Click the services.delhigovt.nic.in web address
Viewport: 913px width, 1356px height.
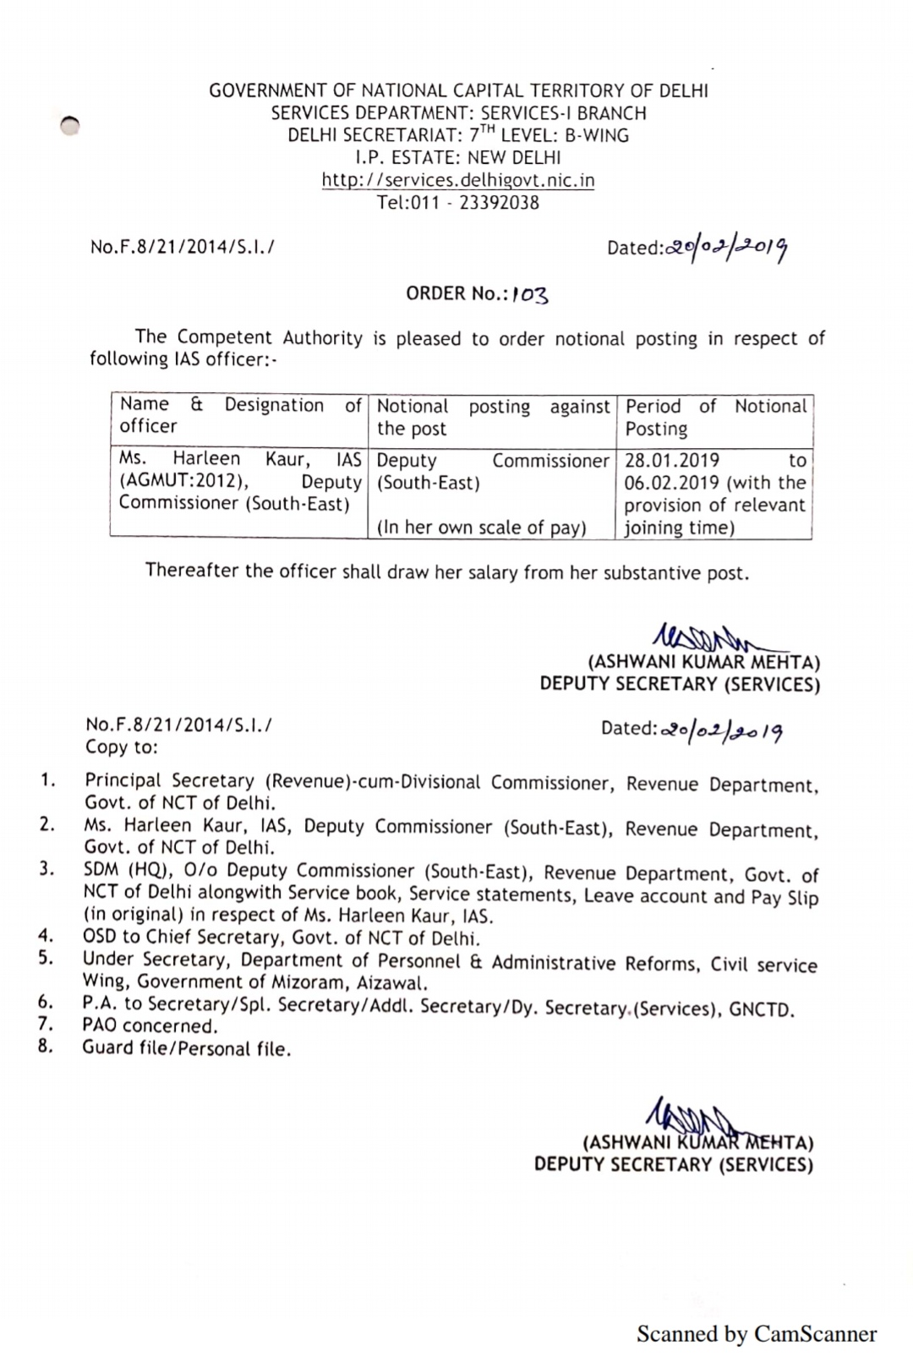coord(458,180)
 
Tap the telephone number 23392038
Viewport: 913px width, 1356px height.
coord(499,203)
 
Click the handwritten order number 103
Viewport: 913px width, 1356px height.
coord(530,294)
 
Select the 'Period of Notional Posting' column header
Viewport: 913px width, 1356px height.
coord(715,418)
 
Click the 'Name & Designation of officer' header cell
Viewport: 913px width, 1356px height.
coord(241,415)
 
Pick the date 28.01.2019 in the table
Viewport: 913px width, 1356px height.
coord(673,461)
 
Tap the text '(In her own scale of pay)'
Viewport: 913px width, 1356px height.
coord(482,528)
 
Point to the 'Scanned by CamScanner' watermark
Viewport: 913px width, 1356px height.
coord(756,1334)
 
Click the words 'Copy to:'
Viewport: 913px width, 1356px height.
coord(122,747)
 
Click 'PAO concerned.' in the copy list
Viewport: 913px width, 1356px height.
coord(150,1026)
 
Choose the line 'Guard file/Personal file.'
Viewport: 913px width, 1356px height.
coord(186,1049)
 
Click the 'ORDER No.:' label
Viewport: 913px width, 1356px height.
coord(456,293)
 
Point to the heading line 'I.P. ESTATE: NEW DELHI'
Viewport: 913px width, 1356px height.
coord(458,157)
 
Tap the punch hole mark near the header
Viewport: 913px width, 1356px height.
coord(70,124)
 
